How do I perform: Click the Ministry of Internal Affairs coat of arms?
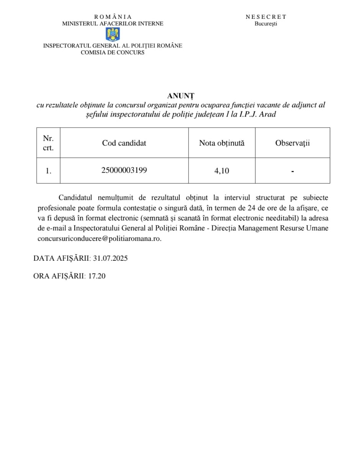tap(113, 34)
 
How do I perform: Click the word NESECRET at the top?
tap(266, 17)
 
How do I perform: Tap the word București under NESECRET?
tap(266, 24)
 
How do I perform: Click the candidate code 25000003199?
tap(124, 170)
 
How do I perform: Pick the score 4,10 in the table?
tap(222, 171)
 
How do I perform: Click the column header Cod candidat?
tap(124, 143)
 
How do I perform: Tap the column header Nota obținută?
tap(222, 143)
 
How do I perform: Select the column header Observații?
tap(292, 143)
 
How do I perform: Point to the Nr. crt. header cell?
tap(48, 143)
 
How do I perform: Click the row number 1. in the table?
tap(48, 171)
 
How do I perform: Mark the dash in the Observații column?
tap(292, 171)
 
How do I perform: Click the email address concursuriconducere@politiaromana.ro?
tap(100, 238)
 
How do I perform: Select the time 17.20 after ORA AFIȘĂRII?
tap(97, 276)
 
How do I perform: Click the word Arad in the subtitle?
tap(267, 114)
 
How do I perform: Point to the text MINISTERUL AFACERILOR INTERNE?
tap(113, 24)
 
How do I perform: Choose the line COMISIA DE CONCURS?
tap(113, 53)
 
